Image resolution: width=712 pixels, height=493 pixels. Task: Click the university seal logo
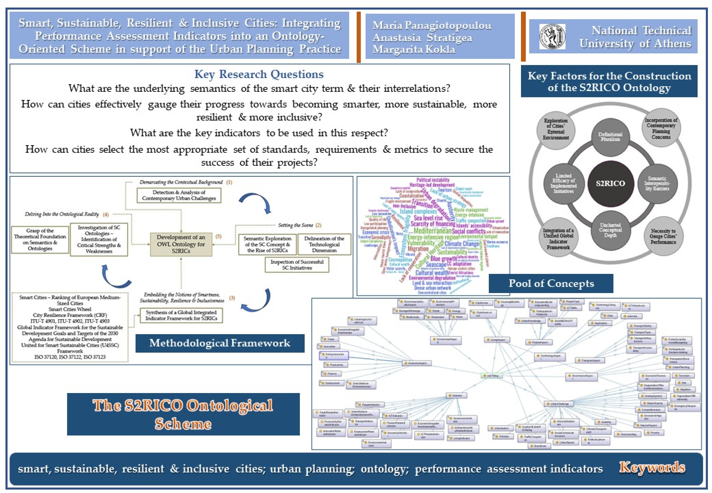click(552, 37)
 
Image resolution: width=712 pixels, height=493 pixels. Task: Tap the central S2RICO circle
click(610, 183)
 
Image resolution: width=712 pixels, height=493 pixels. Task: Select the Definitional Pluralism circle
click(610, 137)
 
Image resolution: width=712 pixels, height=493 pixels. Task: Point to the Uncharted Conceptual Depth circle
click(610, 230)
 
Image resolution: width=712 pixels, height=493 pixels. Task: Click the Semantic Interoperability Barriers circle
click(657, 184)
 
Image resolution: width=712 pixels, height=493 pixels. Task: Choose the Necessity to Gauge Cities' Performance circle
click(663, 236)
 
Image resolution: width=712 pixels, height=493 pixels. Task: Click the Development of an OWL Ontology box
click(181, 244)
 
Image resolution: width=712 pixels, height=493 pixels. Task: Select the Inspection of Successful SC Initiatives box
click(297, 265)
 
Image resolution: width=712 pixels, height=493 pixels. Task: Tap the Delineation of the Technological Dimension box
click(324, 244)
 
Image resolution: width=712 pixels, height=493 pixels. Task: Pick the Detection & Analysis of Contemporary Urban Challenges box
click(179, 195)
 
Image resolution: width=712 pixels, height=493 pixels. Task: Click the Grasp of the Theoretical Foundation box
click(40, 239)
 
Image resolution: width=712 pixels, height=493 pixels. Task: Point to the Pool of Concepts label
click(551, 283)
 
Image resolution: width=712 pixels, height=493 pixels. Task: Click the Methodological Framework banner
click(220, 343)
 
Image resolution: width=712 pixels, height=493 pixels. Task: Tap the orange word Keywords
click(652, 467)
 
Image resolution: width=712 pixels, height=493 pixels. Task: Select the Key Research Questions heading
click(259, 74)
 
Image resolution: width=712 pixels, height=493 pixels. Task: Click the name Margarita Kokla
click(414, 49)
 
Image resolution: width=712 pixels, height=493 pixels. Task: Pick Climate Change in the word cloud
click(462, 244)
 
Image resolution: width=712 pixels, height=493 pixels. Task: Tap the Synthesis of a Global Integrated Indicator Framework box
click(181, 315)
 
